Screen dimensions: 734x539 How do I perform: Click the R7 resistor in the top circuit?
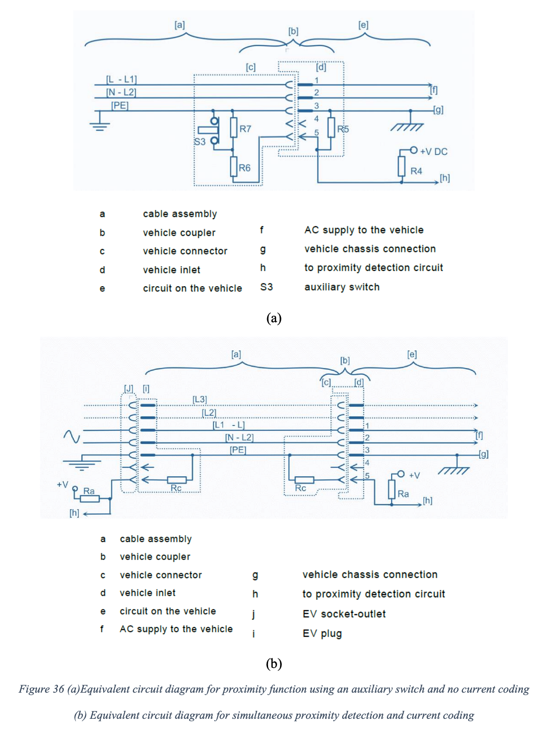tap(233, 127)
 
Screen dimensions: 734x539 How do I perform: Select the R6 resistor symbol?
tap(233, 167)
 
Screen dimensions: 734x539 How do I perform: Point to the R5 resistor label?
tap(343, 129)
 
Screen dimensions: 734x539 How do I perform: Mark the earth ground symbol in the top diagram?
tap(100, 125)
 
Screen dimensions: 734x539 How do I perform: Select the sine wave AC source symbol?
tap(72, 436)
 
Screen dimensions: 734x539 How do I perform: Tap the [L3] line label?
tap(200, 399)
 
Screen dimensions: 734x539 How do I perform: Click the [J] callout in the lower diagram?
tap(128, 388)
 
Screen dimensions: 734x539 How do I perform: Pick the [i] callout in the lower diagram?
tap(146, 388)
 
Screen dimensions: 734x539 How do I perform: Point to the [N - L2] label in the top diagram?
tap(121, 92)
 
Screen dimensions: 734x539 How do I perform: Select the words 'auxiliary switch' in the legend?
tap(342, 287)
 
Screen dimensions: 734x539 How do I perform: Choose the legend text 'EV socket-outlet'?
tap(344, 614)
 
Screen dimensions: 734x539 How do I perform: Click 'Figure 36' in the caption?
tap(41, 689)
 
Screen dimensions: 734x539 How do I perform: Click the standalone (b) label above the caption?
tap(274, 663)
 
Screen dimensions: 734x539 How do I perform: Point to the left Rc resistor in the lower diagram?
tap(177, 480)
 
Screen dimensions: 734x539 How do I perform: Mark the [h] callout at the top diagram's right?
tap(444, 178)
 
